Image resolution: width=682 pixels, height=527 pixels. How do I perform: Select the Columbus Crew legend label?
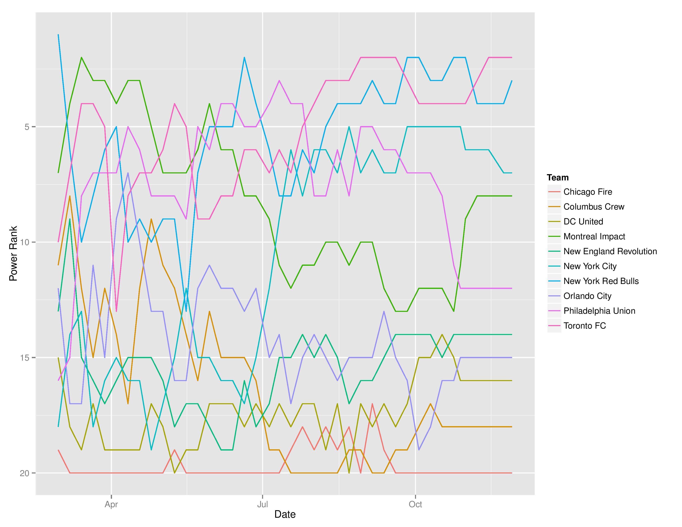pyautogui.click(x=594, y=207)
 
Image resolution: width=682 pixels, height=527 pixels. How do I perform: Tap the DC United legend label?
pyautogui.click(x=583, y=222)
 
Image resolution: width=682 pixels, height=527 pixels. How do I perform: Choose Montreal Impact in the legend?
pyautogui.click(x=594, y=237)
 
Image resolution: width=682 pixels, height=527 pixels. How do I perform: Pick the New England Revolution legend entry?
pyautogui.click(x=610, y=251)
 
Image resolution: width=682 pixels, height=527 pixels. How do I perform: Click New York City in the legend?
pyautogui.click(x=590, y=266)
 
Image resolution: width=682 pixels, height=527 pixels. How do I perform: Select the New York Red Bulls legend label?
pyautogui.click(x=601, y=281)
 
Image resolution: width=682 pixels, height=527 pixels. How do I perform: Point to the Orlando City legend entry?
pyautogui.click(x=587, y=296)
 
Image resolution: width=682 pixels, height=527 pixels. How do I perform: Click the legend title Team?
pyautogui.click(x=558, y=178)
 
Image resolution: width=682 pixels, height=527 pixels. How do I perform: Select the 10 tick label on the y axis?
pyautogui.click(x=24, y=242)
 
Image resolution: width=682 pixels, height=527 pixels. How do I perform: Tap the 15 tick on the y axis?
pyautogui.click(x=24, y=358)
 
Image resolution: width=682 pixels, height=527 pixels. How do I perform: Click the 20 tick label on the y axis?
pyautogui.click(x=24, y=473)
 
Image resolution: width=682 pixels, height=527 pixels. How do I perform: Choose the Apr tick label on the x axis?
pyautogui.click(x=111, y=504)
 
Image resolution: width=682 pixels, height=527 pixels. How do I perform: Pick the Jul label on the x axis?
pyautogui.click(x=263, y=504)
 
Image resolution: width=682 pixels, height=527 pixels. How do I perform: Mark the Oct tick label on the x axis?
pyautogui.click(x=415, y=504)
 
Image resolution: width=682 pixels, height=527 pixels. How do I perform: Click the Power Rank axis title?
pyautogui.click(x=13, y=254)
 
